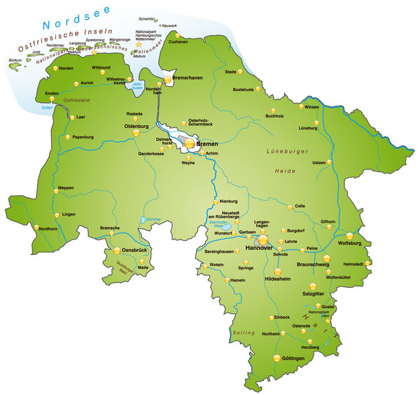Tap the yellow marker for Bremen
189,143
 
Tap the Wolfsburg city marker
350,236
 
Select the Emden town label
51,93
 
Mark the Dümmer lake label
153,220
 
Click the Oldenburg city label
136,126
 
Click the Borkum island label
15,61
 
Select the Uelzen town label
318,162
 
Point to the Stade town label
230,71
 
